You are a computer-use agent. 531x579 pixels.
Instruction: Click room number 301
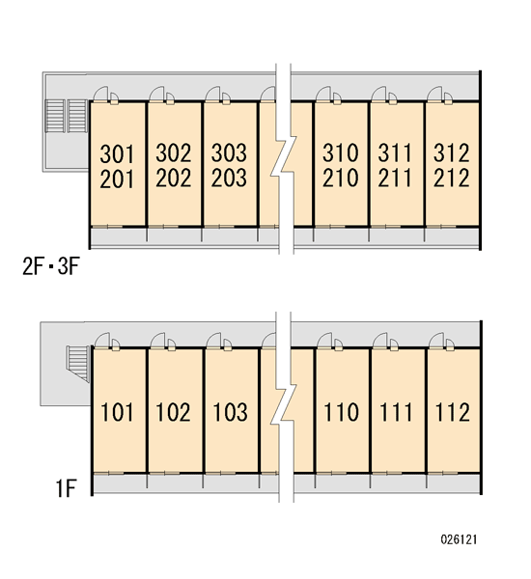click(x=117, y=154)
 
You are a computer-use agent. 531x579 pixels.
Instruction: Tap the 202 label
click(x=174, y=178)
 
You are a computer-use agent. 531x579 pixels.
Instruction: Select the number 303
click(x=229, y=152)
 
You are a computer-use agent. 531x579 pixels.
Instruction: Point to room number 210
click(x=341, y=178)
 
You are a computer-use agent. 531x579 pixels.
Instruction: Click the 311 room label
click(x=395, y=152)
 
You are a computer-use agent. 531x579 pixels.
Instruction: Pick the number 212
click(x=452, y=178)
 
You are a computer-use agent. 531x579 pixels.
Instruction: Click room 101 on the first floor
click(x=117, y=412)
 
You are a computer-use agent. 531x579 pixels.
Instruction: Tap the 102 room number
click(x=174, y=412)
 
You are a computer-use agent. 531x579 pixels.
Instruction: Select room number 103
click(x=230, y=412)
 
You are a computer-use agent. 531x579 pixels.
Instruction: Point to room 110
click(x=342, y=412)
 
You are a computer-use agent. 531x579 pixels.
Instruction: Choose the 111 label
click(x=396, y=412)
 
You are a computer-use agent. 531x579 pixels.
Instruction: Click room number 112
click(x=453, y=412)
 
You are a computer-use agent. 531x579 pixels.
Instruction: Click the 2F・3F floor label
click(x=51, y=266)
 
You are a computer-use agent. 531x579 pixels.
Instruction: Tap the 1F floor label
click(x=67, y=488)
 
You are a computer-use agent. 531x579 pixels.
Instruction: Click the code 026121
click(x=459, y=539)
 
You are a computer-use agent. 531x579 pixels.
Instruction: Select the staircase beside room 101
click(x=78, y=364)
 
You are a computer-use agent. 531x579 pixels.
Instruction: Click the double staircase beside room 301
click(x=67, y=116)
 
